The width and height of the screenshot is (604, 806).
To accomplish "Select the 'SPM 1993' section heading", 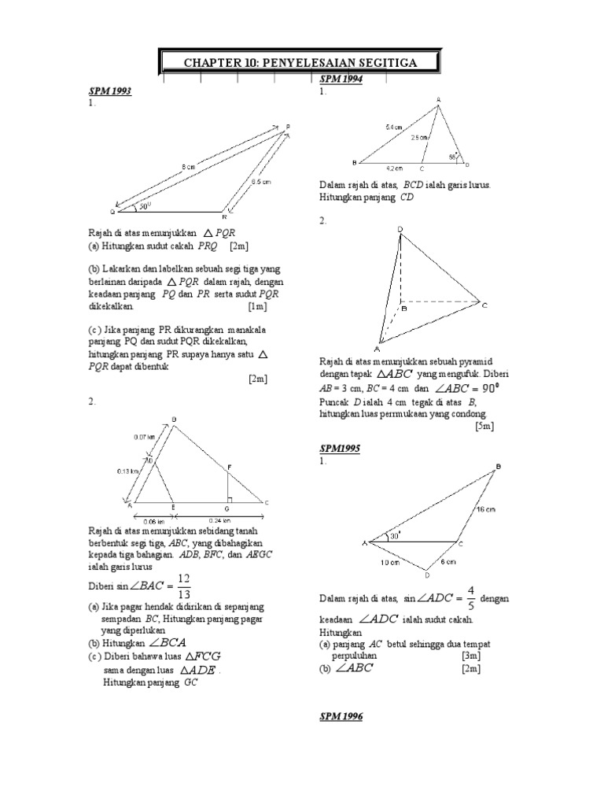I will [x=109, y=92].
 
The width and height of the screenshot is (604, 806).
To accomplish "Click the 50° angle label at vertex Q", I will [x=145, y=206].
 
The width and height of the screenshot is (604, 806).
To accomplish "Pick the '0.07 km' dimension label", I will [x=145, y=436].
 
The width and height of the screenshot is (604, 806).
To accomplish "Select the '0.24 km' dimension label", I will [x=219, y=519].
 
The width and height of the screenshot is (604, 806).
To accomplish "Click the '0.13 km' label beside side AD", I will [x=128, y=471].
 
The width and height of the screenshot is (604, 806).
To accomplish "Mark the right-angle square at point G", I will [x=226, y=499].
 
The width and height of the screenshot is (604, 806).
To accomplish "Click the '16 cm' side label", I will [x=487, y=509].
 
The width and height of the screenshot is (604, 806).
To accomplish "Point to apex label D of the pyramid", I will [x=400, y=229].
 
